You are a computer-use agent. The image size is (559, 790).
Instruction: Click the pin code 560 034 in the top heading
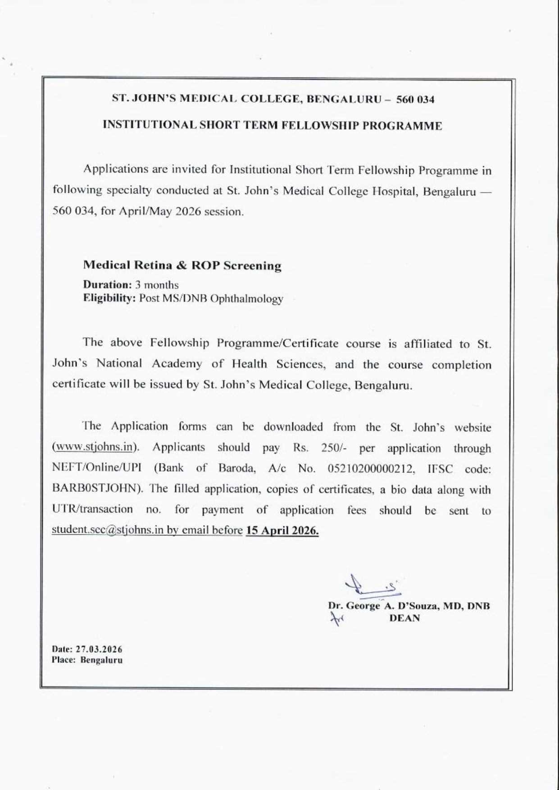tap(415, 100)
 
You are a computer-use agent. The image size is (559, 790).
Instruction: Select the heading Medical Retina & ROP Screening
tap(182, 265)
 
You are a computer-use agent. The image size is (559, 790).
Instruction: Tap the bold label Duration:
tap(107, 285)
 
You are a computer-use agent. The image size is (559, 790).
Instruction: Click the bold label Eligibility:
tap(109, 298)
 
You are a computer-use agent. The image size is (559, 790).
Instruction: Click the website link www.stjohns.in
tap(95, 447)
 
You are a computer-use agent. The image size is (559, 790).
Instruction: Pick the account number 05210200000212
tap(371, 469)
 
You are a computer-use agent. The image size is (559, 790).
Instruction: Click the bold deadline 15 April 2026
tap(282, 531)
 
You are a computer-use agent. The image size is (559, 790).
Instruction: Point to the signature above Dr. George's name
tap(372, 586)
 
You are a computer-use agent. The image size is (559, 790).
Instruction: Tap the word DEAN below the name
tap(404, 618)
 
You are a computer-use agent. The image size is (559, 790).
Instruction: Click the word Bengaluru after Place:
tap(101, 660)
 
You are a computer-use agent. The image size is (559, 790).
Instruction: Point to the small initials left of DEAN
tap(336, 620)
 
